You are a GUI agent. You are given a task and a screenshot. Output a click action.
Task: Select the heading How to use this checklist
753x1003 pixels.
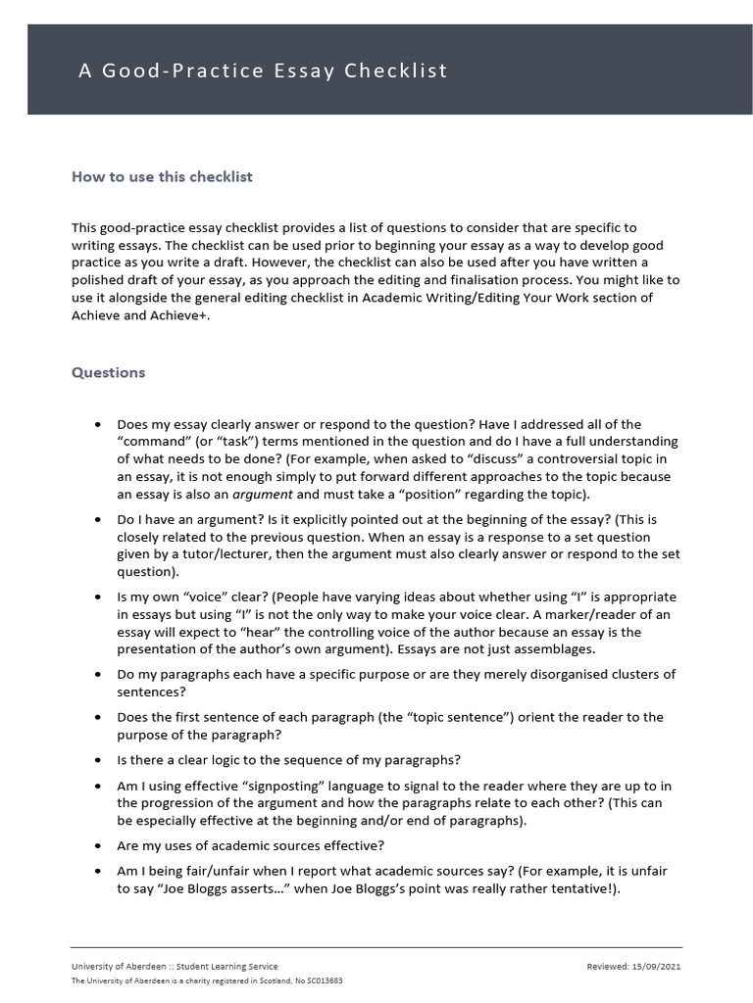click(162, 176)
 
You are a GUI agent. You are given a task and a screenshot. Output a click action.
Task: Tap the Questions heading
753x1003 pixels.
click(108, 372)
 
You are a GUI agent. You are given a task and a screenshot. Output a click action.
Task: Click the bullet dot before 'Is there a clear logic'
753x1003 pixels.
click(96, 760)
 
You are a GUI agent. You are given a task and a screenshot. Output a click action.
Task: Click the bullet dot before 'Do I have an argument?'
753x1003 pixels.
click(96, 520)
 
